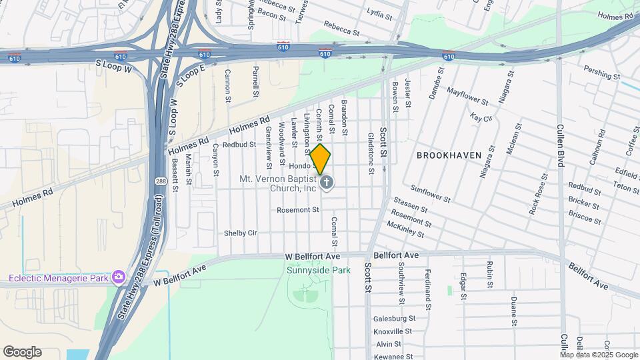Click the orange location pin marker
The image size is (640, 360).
(321, 159)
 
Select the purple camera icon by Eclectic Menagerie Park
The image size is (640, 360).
(118, 276)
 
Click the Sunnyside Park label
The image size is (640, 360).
(318, 270)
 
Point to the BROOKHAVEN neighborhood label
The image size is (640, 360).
(449, 155)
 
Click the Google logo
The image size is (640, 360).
(22, 352)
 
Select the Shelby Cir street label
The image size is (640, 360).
(241, 233)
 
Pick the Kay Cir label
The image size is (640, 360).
(480, 118)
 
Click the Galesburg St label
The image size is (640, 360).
(394, 319)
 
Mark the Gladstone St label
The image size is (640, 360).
(371, 153)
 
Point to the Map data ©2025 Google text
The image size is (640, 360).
(599, 355)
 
